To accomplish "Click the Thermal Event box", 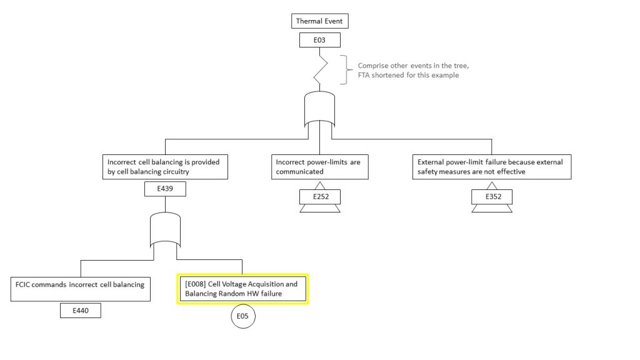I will click(x=319, y=21).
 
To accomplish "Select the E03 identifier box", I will click(x=319, y=41).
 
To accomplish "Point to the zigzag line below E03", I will click(x=321, y=70).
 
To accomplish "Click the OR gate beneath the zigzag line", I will click(x=319, y=109).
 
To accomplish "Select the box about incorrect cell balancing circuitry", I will click(x=164, y=167).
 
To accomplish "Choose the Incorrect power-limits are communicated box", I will click(x=319, y=167).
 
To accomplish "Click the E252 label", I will click(x=319, y=197).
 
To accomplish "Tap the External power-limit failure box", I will click(x=491, y=167).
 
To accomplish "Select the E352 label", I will click(x=491, y=197).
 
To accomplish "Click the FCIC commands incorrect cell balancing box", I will click(x=81, y=288).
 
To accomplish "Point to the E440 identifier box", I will click(x=81, y=310).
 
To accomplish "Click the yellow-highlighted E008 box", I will click(x=242, y=289).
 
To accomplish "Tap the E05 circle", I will click(x=242, y=317).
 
